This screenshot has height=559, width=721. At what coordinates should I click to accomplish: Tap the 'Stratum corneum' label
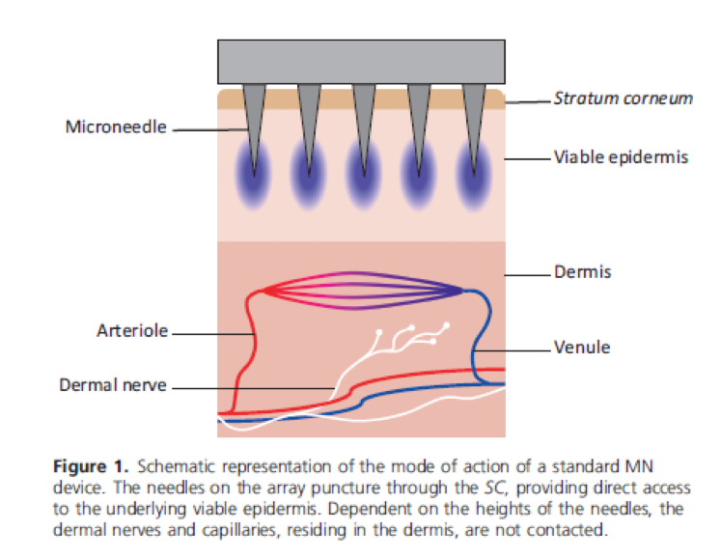coord(623,98)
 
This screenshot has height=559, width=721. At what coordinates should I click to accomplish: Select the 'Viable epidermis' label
coord(621,156)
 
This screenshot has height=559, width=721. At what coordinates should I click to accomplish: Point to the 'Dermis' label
coord(582,273)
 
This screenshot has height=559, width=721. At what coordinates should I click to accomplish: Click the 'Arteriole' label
coord(132,331)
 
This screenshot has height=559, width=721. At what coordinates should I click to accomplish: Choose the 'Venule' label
coord(582,347)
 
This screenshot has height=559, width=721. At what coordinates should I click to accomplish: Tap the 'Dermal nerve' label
coord(113,385)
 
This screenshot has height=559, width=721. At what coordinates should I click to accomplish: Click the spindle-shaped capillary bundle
coord(363,290)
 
